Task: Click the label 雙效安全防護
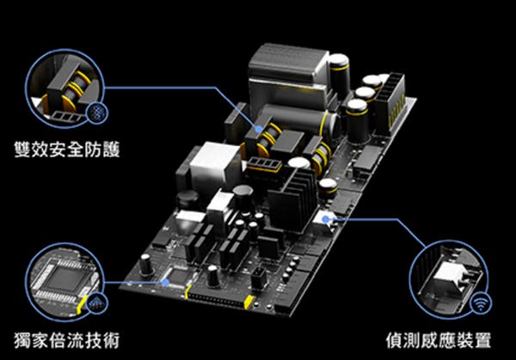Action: point(67,149)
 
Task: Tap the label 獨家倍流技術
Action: point(66,340)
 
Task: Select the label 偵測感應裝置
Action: point(439,340)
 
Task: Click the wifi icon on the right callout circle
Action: point(481,302)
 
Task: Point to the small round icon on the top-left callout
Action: point(96,113)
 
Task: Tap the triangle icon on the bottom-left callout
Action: point(96,303)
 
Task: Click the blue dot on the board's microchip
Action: point(166,282)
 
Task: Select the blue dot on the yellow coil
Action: point(259,129)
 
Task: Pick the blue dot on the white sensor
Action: point(325,219)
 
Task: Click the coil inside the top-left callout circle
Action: point(74,90)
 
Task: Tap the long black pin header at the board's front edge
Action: point(218,297)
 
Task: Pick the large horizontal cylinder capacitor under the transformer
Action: point(298,121)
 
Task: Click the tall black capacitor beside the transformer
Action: point(340,76)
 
